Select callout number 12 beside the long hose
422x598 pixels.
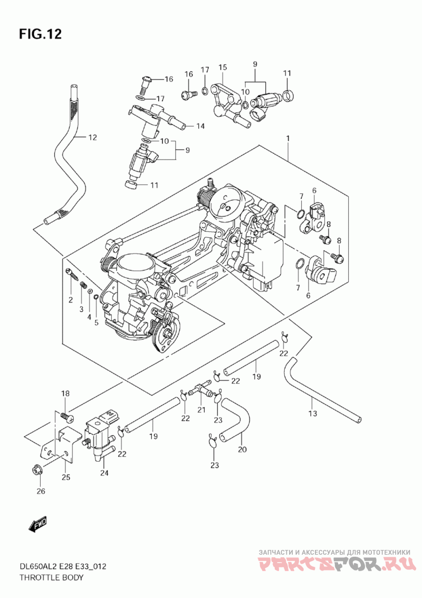(92, 137)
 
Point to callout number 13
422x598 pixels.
(313, 413)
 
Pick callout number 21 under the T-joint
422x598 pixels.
(201, 409)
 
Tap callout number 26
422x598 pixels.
(41, 491)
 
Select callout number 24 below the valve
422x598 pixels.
(104, 473)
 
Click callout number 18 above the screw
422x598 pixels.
(65, 393)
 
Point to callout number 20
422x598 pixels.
(242, 449)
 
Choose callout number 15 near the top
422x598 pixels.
(223, 67)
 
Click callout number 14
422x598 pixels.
(200, 126)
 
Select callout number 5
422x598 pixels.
(97, 323)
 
